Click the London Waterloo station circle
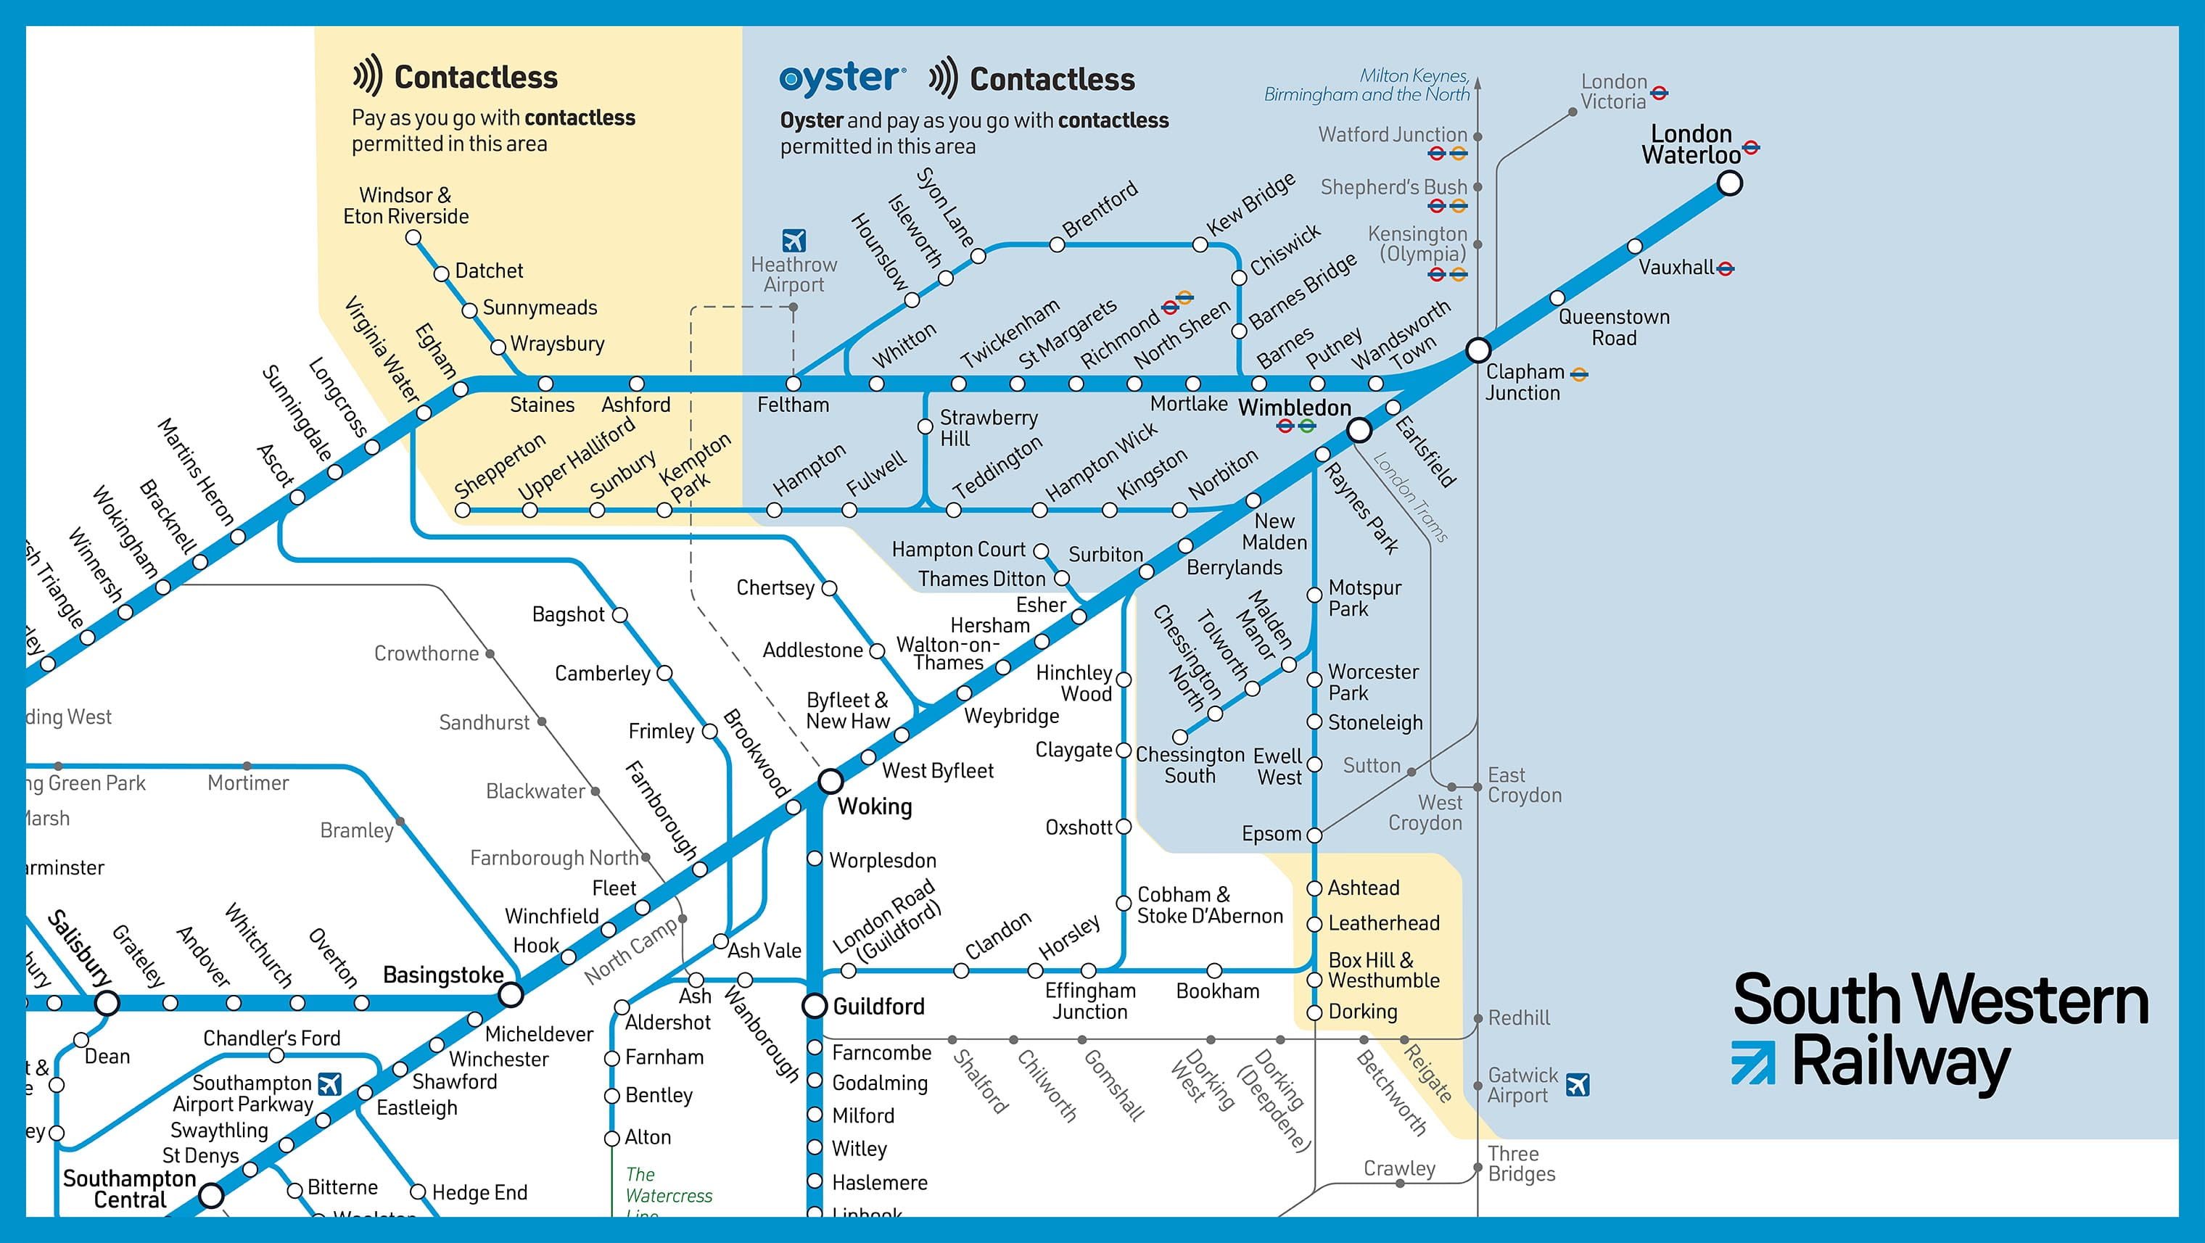point(1729,183)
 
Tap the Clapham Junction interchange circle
point(1477,350)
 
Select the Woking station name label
point(874,806)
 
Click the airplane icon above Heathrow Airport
point(794,241)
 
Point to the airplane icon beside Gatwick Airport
point(1577,1085)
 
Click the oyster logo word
point(841,79)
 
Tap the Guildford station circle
point(814,1006)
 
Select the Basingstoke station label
point(442,975)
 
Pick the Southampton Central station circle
point(210,1195)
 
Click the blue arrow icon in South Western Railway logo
point(1752,1062)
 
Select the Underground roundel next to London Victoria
point(1659,92)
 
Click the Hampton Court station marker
point(1041,550)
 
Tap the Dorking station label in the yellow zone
point(1362,1012)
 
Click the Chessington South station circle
point(1179,736)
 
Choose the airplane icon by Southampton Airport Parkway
point(329,1083)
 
